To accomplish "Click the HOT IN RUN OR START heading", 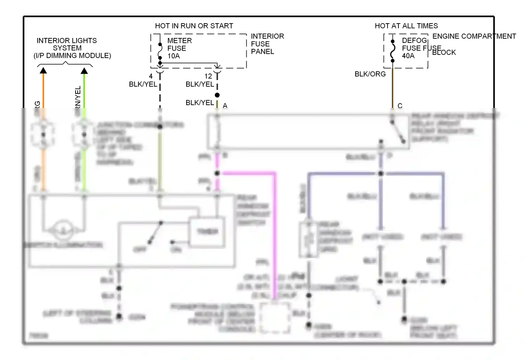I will [194, 26].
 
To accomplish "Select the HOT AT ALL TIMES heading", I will [406, 26].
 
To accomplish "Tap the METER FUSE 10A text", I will [179, 49].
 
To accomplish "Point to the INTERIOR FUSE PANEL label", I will [267, 44].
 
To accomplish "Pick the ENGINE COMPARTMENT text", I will [474, 36].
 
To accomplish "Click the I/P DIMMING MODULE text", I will [72, 56].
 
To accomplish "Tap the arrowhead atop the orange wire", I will [43, 71].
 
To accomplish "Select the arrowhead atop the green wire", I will [84, 71].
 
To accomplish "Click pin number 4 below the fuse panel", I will [151, 76].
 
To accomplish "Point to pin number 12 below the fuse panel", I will [208, 76].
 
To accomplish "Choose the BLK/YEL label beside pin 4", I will [143, 84].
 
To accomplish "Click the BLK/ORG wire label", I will [370, 74].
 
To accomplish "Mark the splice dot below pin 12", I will [217, 95].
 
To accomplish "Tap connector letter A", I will [225, 106].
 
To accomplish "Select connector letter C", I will [400, 106].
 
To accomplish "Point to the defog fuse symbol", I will [393, 51].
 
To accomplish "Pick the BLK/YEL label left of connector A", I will [200, 103].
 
